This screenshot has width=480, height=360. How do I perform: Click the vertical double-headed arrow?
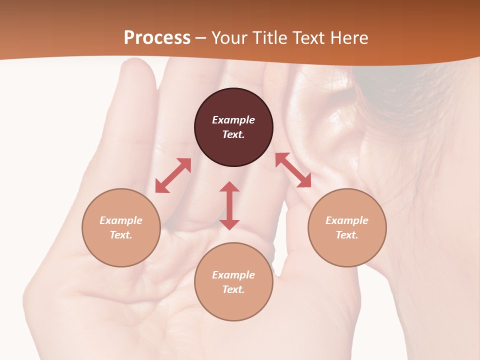click(229, 205)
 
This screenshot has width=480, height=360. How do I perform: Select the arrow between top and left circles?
click(173, 175)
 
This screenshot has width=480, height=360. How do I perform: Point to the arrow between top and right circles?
click(293, 170)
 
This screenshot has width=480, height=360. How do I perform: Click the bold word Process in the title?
click(157, 37)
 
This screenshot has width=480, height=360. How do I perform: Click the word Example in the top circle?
click(233, 120)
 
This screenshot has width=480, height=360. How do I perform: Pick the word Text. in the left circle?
click(121, 235)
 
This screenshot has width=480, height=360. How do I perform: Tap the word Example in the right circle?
click(347, 220)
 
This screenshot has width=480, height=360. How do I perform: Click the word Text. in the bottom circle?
click(233, 289)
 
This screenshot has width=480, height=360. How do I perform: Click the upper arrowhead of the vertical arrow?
click(229, 186)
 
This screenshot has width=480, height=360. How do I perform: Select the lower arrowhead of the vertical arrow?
click(229, 224)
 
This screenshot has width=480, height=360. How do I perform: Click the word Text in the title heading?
click(309, 37)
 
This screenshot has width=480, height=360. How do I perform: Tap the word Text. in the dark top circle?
click(233, 134)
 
